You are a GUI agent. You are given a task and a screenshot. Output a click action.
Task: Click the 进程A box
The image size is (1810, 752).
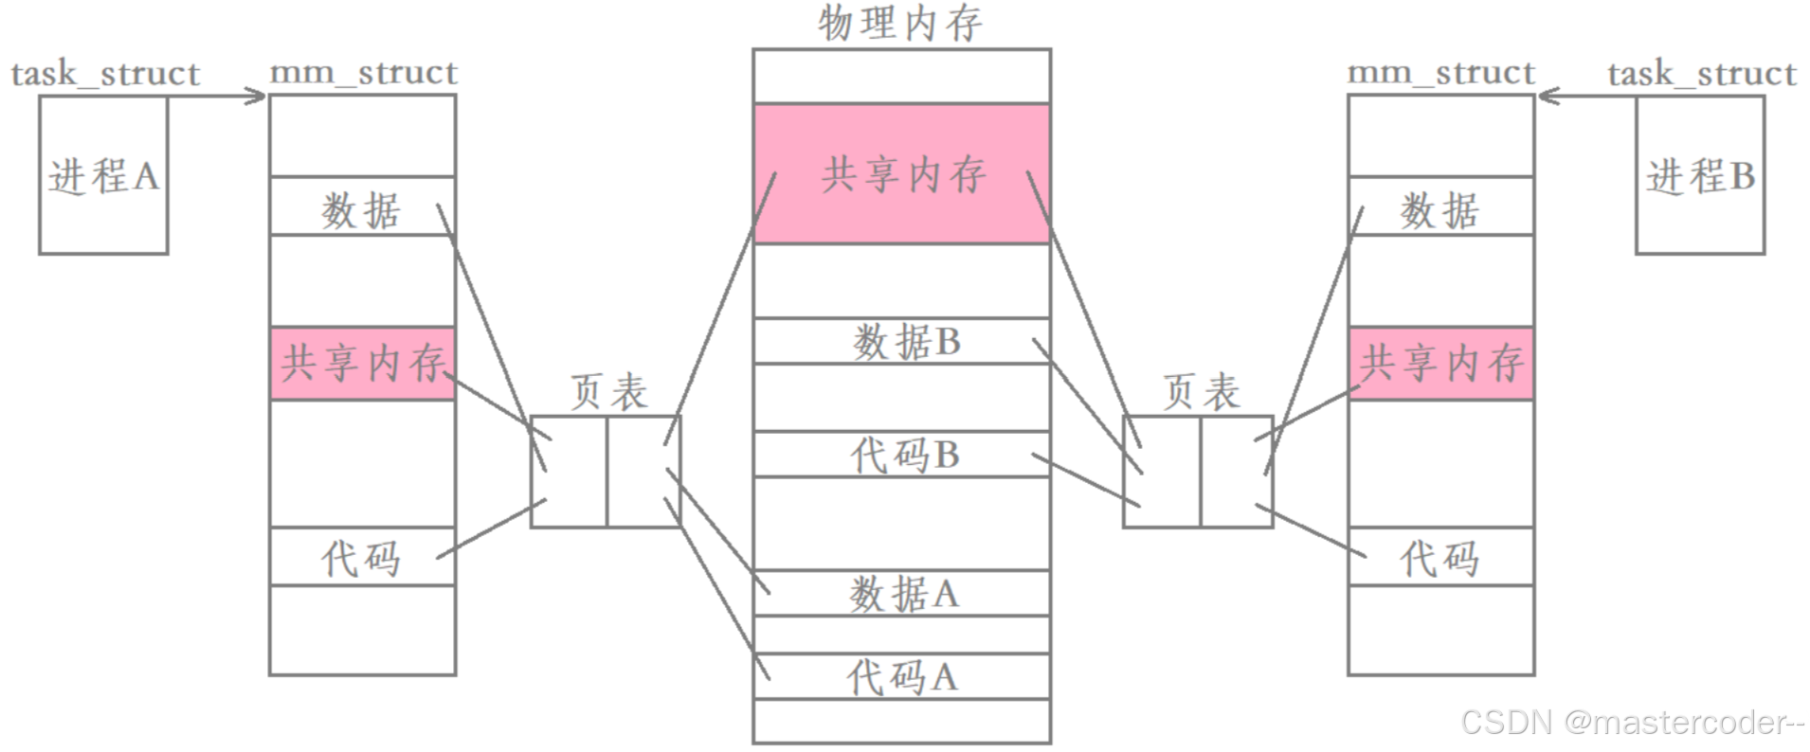click(103, 176)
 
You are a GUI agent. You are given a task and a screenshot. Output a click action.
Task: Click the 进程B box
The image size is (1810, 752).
click(1700, 176)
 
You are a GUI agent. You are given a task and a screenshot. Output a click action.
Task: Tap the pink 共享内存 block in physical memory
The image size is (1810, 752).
click(901, 174)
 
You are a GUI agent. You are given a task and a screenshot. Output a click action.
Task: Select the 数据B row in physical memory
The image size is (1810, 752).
click(901, 341)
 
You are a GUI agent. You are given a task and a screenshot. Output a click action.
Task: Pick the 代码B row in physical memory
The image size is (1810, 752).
click(901, 455)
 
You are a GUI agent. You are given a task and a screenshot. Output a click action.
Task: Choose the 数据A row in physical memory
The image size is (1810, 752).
click(901, 594)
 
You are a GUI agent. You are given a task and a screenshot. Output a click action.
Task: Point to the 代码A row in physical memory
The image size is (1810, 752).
click(901, 676)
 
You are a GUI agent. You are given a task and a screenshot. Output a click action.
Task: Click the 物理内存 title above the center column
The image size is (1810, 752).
click(900, 23)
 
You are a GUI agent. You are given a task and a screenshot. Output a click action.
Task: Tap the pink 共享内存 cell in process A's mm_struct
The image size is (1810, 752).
click(363, 364)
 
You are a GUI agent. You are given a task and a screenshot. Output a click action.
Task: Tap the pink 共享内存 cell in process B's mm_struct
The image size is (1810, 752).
click(1440, 364)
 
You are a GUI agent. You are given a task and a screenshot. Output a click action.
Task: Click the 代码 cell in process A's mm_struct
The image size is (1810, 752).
click(363, 557)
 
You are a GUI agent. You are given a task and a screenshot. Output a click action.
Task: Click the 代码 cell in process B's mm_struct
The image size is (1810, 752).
click(1440, 557)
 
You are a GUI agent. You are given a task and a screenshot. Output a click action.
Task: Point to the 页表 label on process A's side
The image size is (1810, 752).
click(608, 391)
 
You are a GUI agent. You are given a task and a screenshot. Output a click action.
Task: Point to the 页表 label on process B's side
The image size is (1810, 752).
click(1201, 391)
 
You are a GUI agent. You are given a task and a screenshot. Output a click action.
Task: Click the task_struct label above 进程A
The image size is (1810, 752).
click(105, 74)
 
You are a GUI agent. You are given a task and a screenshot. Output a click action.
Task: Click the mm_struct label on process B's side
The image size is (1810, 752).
click(1440, 72)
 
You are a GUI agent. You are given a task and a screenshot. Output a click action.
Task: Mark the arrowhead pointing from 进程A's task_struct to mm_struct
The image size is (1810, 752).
click(258, 96)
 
